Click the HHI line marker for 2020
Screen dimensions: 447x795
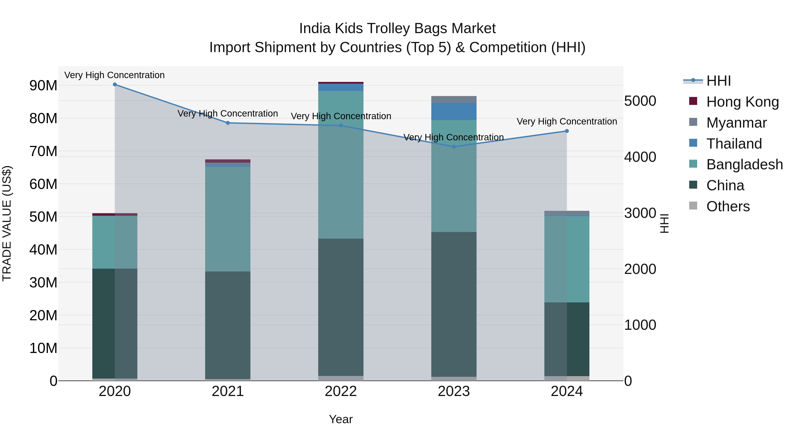(115, 85)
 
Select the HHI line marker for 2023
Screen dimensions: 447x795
(454, 147)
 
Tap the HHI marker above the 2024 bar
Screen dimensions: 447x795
(567, 131)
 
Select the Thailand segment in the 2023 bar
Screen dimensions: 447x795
(454, 111)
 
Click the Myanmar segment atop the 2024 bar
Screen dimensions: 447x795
(567, 213)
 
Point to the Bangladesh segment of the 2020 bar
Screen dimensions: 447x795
(115, 242)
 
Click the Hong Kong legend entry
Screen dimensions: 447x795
(742, 102)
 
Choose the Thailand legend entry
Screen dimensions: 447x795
(734, 144)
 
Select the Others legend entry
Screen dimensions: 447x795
(728, 206)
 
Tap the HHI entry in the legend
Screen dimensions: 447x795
(718, 81)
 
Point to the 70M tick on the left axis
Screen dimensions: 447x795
(43, 151)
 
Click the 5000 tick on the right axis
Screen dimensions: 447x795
(640, 101)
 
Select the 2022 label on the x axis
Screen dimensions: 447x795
(341, 391)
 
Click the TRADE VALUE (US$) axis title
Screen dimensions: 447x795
(7, 223)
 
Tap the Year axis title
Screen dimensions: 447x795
(341, 419)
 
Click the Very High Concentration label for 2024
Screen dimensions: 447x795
(567, 122)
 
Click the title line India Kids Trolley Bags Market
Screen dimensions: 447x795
(397, 28)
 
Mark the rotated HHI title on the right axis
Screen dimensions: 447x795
(664, 223)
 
